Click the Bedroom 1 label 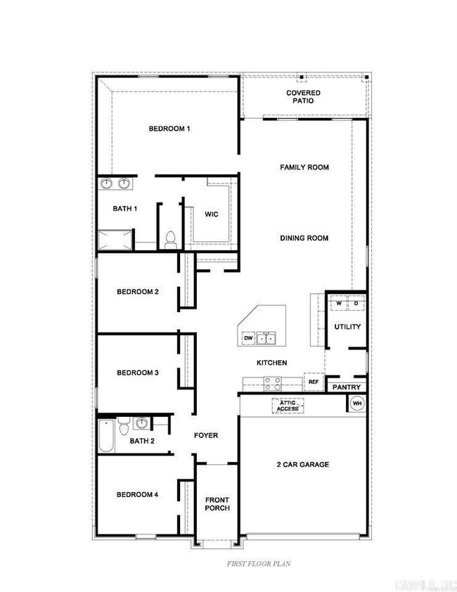coord(169,129)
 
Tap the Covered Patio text coord(303,97)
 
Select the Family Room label coord(304,167)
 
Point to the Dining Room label coord(304,238)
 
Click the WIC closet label coord(212,214)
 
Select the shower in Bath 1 coord(115,240)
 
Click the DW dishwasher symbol coord(248,338)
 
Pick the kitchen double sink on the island coord(266,338)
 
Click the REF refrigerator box coord(314,382)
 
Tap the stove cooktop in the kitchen coord(272,383)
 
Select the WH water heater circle coord(356,404)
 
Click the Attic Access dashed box coord(288,406)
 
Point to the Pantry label coord(346,387)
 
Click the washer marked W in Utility coord(338,304)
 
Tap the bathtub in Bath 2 coord(105,436)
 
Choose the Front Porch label coord(217,504)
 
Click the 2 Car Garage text coord(302,465)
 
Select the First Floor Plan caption coord(258,563)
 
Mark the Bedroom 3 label coord(137,373)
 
